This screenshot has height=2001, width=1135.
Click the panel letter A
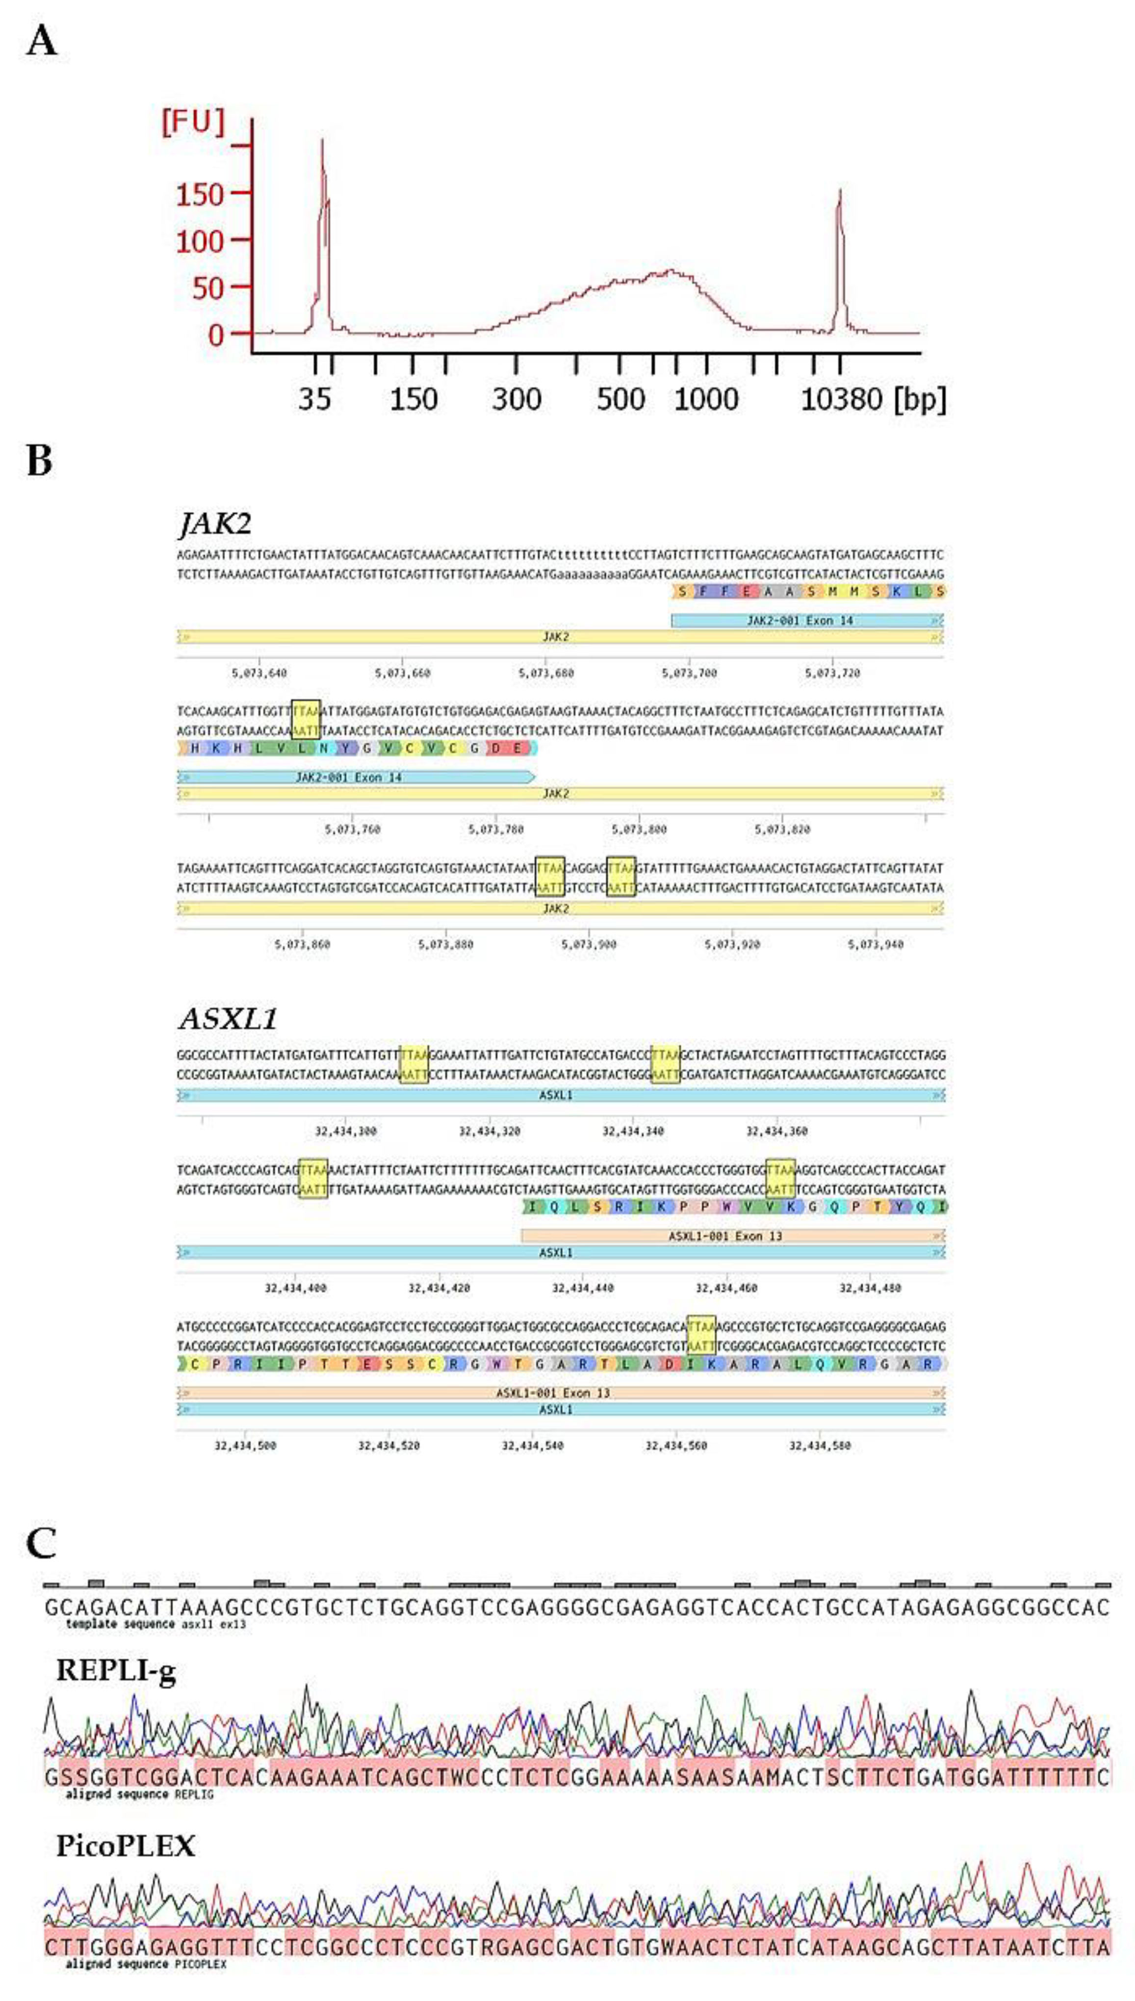pyautogui.click(x=41, y=41)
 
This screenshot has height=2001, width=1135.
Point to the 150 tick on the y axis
pyautogui.click(x=200, y=194)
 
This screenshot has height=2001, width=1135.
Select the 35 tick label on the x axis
pyautogui.click(x=315, y=400)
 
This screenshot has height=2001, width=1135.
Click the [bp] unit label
pyautogui.click(x=921, y=400)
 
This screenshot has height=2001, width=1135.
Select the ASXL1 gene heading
pyautogui.click(x=228, y=1019)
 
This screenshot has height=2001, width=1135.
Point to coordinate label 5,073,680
pyautogui.click(x=545, y=673)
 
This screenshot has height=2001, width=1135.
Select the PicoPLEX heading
pyautogui.click(x=126, y=1845)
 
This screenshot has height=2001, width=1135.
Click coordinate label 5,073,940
pyautogui.click(x=876, y=944)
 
